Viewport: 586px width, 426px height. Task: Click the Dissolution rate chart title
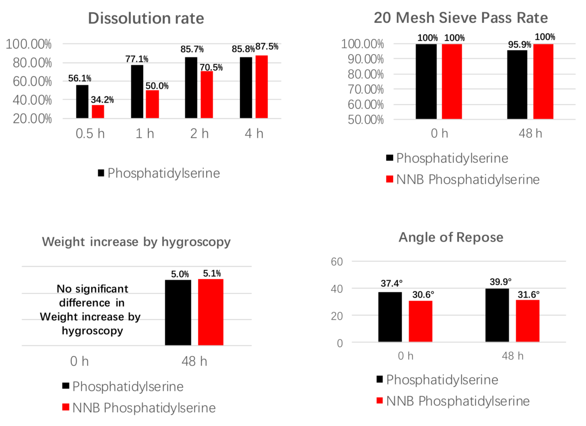(146, 19)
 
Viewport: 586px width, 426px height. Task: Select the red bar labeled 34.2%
(98, 112)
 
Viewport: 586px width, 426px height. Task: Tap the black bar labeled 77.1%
(137, 91)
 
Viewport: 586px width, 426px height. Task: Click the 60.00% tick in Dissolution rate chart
(28, 81)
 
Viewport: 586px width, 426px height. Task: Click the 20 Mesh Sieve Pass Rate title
(460, 18)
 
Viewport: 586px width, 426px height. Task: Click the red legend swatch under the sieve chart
(389, 180)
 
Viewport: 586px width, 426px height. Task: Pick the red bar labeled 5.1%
(210, 312)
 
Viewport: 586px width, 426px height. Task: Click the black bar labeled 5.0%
(178, 313)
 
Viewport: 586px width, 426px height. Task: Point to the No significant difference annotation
(90, 309)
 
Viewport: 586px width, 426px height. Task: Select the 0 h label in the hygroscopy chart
(79, 362)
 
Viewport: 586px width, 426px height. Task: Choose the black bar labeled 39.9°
(497, 316)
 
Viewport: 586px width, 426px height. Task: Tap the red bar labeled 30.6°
(420, 322)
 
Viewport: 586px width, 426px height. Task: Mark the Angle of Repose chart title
(451, 238)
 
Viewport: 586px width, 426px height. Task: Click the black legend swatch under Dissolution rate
(101, 173)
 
